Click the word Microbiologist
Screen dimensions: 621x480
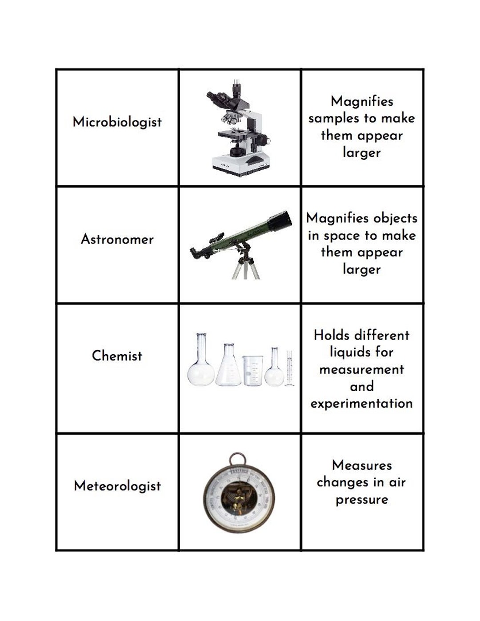tap(117, 122)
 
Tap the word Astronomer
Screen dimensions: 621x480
tap(117, 239)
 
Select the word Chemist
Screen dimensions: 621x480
tap(117, 356)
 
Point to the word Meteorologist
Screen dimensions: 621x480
tap(117, 486)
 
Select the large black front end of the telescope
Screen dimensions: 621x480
tap(281, 220)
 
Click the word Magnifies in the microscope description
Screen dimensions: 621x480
tap(362, 101)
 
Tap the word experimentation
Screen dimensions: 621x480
tap(361, 404)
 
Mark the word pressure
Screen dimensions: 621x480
tap(362, 500)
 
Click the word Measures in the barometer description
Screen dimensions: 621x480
tap(362, 465)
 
